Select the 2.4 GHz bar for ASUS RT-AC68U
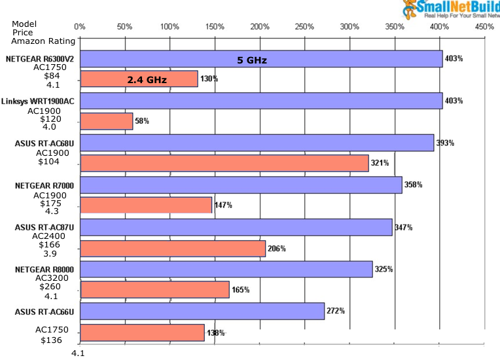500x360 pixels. [224, 163]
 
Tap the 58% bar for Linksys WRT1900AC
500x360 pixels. [106, 121]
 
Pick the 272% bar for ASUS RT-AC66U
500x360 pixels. [202, 311]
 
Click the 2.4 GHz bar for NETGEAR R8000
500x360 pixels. [154, 289]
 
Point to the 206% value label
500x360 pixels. [277, 248]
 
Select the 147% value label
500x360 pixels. [223, 205]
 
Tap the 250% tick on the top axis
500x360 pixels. [304, 27]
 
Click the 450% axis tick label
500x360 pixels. [484, 27]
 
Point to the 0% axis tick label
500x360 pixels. [80, 27]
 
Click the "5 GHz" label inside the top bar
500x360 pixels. [252, 60]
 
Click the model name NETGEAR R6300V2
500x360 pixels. [41, 58]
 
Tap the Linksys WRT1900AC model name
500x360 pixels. [40, 101]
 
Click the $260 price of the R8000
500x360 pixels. [48, 286]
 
